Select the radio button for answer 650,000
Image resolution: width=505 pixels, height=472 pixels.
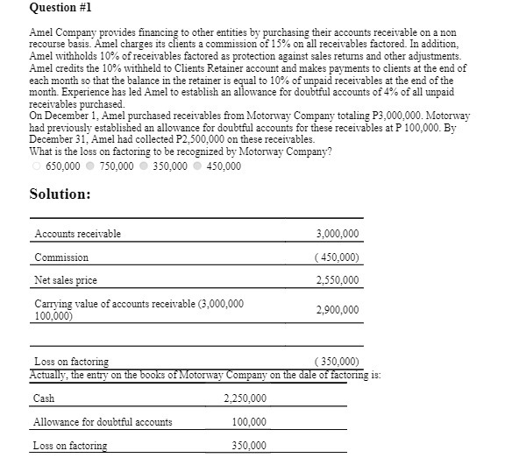pyautogui.click(x=36, y=166)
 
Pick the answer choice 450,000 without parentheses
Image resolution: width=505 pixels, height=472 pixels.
pyautogui.click(x=198, y=166)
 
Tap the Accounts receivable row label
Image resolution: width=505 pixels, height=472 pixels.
pyautogui.click(x=77, y=234)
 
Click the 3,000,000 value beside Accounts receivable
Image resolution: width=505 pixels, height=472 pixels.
pyautogui.click(x=337, y=234)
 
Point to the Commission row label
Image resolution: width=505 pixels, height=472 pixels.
pyautogui.click(x=61, y=257)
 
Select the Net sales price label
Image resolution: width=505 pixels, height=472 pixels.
pyautogui.click(x=66, y=280)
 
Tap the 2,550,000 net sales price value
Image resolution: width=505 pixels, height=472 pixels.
pyautogui.click(x=337, y=280)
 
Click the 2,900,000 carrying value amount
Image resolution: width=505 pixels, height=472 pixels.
pyautogui.click(x=337, y=310)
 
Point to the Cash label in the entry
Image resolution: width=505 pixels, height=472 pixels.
pyautogui.click(x=44, y=398)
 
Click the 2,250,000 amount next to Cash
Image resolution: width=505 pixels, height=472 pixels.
pyautogui.click(x=245, y=398)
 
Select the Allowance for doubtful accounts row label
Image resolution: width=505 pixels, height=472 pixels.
pyautogui.click(x=103, y=422)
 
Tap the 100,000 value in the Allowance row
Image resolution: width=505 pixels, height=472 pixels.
pyautogui.click(x=249, y=422)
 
